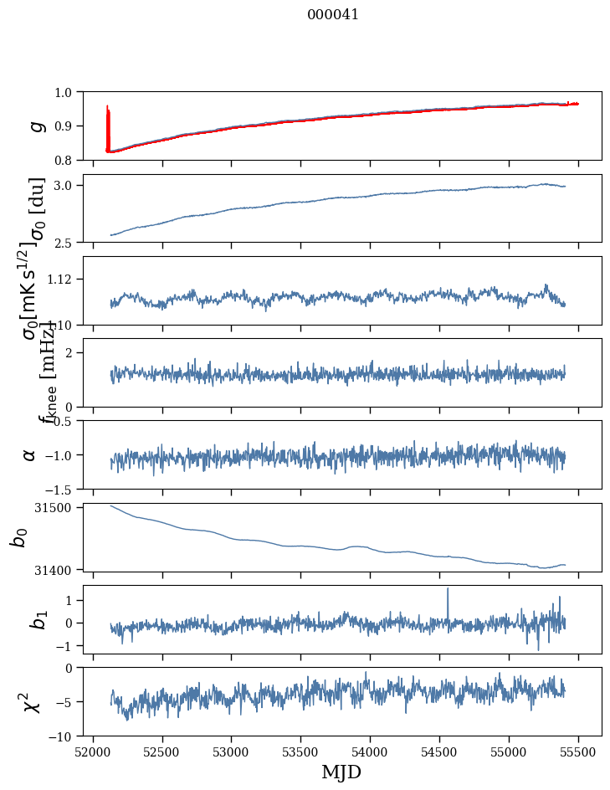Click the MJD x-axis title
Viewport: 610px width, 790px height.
341,772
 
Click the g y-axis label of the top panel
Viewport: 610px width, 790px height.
35,126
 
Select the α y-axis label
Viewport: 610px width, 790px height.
30,454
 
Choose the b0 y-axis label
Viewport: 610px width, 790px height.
18,536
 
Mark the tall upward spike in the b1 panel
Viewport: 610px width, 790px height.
448,591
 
